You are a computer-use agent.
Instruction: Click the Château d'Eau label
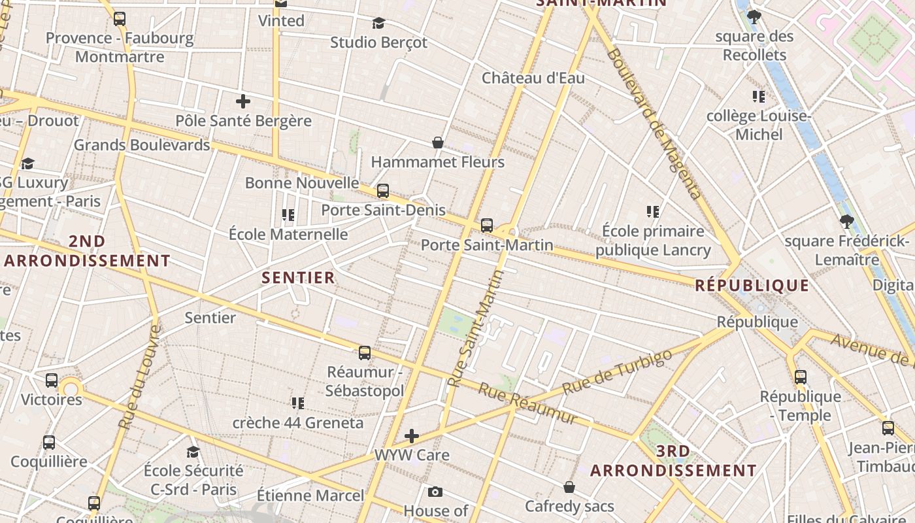pos(533,78)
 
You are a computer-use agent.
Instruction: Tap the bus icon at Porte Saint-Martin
pos(487,226)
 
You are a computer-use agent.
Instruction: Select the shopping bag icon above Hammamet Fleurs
pos(438,143)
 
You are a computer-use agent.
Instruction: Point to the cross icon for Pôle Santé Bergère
pos(243,101)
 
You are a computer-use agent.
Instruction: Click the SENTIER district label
pos(299,277)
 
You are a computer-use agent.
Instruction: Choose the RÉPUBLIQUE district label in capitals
pos(752,285)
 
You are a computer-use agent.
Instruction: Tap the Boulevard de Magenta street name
pos(653,124)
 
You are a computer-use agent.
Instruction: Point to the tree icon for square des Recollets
pos(754,17)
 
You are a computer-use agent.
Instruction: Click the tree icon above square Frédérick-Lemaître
pos(847,222)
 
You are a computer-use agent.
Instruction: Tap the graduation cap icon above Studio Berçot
pos(378,24)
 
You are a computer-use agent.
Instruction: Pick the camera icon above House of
pos(435,492)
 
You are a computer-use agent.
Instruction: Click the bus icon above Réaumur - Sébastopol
pos(365,353)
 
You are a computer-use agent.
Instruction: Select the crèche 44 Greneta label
pos(298,422)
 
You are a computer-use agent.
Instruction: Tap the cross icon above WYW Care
pos(412,435)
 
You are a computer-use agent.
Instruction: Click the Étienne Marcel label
pos(310,495)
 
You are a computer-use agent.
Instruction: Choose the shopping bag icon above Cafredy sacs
pos(569,487)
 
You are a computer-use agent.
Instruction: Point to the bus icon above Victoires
pos(52,380)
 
